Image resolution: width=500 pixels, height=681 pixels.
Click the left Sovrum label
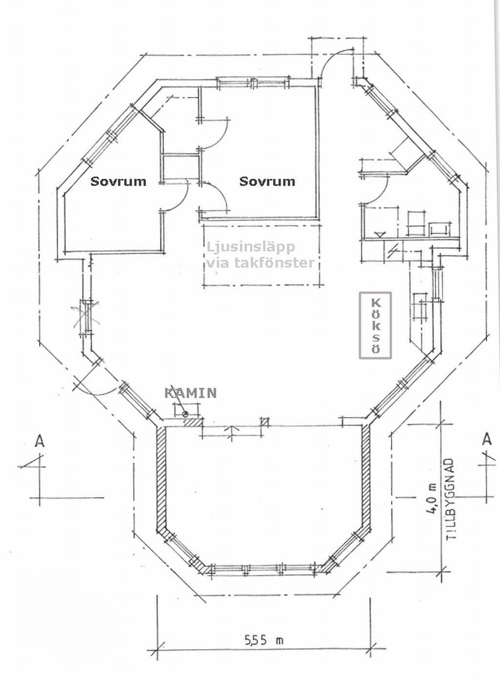pyautogui.click(x=118, y=182)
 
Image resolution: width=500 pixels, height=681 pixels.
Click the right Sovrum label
pyautogui.click(x=267, y=182)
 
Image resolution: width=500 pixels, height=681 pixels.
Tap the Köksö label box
pyautogui.click(x=375, y=325)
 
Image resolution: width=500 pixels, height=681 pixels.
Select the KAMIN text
pyautogui.click(x=190, y=393)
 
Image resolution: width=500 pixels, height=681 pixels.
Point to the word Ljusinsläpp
pyautogui.click(x=250, y=248)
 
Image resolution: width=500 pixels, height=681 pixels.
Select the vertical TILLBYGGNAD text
pyautogui.click(x=451, y=498)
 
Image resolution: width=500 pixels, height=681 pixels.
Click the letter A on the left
pyautogui.click(x=40, y=441)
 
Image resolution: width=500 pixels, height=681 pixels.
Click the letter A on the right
pyautogui.click(x=487, y=439)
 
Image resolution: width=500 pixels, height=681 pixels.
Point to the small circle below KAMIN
pyautogui.click(x=185, y=413)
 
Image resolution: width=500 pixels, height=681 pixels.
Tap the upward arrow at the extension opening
pyautogui.click(x=232, y=432)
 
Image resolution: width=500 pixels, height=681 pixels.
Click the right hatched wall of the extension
pyautogui.click(x=366, y=477)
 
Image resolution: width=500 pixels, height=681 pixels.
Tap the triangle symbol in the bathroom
pyautogui.click(x=380, y=234)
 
